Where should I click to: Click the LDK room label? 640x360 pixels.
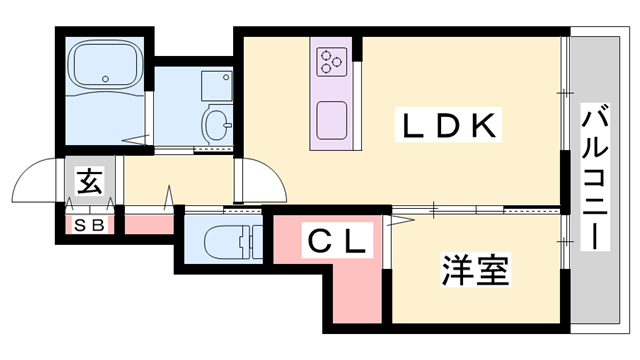tap(449, 125)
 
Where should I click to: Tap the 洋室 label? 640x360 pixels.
tap(476, 269)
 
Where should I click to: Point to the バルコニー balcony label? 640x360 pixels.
tap(595, 176)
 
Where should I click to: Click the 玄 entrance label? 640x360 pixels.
tap(90, 181)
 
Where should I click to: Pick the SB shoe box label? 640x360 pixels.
tap(89, 225)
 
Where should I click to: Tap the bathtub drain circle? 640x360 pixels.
tap(106, 79)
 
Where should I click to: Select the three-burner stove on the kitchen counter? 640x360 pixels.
tap(331, 61)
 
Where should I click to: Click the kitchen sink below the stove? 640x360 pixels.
tap(332, 120)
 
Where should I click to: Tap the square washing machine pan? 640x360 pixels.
tap(216, 86)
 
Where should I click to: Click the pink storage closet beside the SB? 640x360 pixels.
tap(149, 225)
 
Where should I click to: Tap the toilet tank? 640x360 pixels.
tap(256, 242)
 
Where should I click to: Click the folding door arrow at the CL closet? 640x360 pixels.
tap(400, 221)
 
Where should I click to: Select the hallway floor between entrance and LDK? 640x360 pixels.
tap(179, 180)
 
